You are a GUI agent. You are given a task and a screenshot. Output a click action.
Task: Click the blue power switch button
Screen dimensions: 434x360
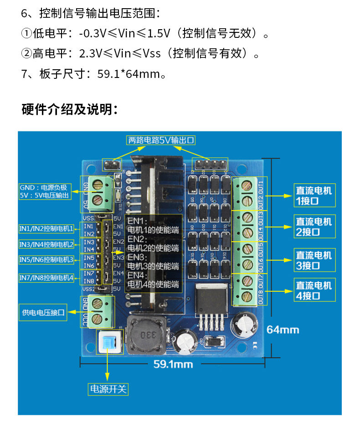(x=109, y=342)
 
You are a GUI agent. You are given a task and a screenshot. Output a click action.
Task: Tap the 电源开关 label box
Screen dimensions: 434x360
(x=108, y=389)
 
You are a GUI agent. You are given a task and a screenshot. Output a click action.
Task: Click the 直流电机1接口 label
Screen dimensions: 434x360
(x=314, y=195)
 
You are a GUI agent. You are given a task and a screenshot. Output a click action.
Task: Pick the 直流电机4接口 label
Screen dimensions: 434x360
(x=314, y=290)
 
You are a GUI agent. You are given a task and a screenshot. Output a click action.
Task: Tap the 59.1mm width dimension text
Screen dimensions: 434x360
(x=173, y=364)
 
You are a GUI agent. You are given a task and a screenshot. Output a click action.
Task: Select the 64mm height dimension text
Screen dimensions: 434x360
(x=283, y=329)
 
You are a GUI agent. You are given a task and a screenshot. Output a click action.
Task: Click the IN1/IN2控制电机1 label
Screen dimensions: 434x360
(x=46, y=227)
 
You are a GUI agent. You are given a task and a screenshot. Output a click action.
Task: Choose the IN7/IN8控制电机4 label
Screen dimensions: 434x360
(x=46, y=277)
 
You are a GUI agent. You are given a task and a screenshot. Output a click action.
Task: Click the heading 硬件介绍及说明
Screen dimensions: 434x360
(x=70, y=110)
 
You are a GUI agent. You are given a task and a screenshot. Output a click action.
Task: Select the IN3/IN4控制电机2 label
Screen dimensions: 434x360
(x=46, y=244)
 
